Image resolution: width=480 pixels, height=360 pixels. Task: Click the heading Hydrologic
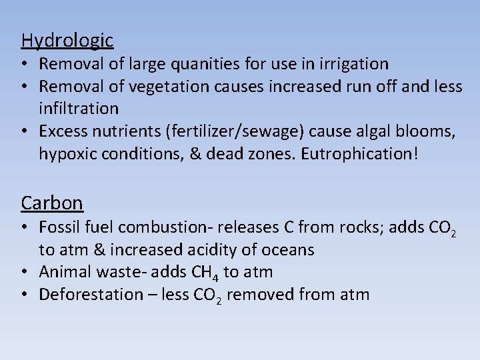tap(67, 41)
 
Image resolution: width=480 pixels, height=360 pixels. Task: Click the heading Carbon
tap(52, 203)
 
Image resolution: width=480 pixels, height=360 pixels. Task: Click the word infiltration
tap(79, 108)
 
